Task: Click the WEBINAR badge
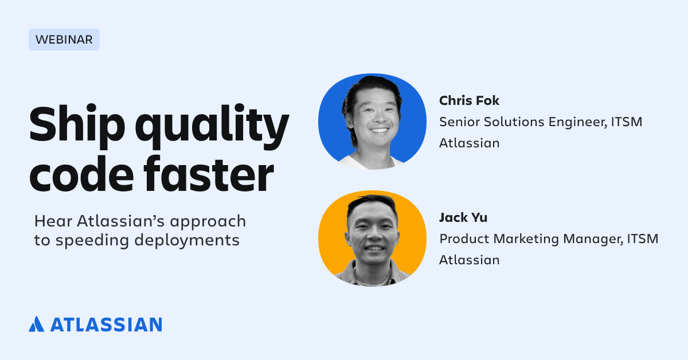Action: pyautogui.click(x=64, y=40)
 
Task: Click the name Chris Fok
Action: pyautogui.click(x=469, y=100)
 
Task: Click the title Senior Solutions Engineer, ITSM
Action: pyautogui.click(x=540, y=122)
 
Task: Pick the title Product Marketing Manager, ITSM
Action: pyautogui.click(x=549, y=238)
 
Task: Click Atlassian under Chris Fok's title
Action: pyautogui.click(x=469, y=143)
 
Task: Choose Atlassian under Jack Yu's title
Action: pyautogui.click(x=469, y=260)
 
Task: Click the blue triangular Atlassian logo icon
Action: pyautogui.click(x=36, y=324)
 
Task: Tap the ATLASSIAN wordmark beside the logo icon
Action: pyautogui.click(x=106, y=324)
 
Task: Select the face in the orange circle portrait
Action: pyautogui.click(x=372, y=236)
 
